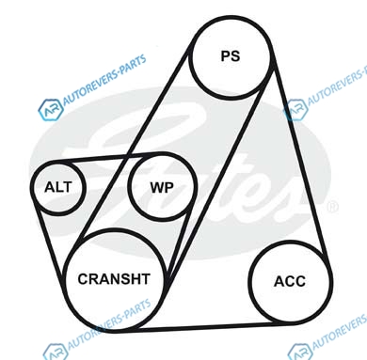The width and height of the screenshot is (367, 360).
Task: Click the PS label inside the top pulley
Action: pyautogui.click(x=231, y=56)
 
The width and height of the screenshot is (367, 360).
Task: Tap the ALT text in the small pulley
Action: pyautogui.click(x=58, y=187)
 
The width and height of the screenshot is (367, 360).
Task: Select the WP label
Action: pyautogui.click(x=162, y=188)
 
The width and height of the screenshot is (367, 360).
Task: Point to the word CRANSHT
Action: pyautogui.click(x=114, y=279)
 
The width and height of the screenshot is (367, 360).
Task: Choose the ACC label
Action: pyautogui.click(x=290, y=281)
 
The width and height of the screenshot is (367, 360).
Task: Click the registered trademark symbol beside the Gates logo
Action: pyautogui.click(x=332, y=207)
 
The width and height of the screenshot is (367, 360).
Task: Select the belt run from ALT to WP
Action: pyautogui.click(x=108, y=157)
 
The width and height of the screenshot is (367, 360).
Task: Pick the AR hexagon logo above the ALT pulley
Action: pyautogui.click(x=50, y=109)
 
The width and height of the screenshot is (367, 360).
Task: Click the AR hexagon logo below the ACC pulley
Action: pyautogui.click(x=300, y=352)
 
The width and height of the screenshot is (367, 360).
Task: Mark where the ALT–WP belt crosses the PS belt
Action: pyautogui.click(x=127, y=156)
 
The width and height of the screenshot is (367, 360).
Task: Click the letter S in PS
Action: pyautogui.click(x=235, y=56)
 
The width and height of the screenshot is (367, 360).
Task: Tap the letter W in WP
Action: pyautogui.click(x=157, y=188)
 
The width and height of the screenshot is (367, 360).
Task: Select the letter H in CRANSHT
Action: pyautogui.click(x=136, y=279)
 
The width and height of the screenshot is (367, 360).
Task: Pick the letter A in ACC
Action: pyautogui.click(x=279, y=281)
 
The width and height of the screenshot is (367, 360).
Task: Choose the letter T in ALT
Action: pyautogui.click(x=68, y=187)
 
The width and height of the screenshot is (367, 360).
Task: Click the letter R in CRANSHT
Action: pyautogui.click(x=94, y=279)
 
